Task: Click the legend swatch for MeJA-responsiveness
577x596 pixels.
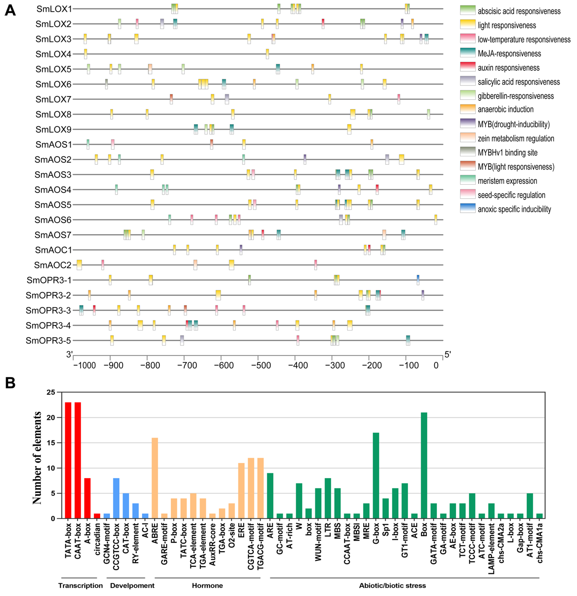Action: [467, 53]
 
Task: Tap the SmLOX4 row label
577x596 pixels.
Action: [54, 54]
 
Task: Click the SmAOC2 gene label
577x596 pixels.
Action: [53, 265]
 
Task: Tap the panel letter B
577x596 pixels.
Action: [10, 383]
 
